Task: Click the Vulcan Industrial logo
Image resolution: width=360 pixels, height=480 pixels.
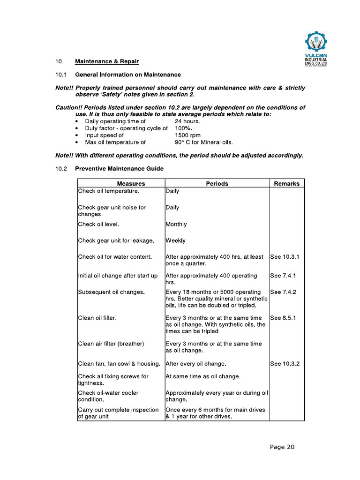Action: pyautogui.click(x=315, y=48)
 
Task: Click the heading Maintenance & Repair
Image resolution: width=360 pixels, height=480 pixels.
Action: pyautogui.click(x=107, y=61)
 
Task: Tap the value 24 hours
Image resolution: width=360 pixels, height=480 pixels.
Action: pyautogui.click(x=187, y=121)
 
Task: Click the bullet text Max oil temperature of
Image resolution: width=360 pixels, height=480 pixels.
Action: pyautogui.click(x=115, y=142)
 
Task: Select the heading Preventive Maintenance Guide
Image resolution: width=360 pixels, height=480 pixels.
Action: pyautogui.click(x=120, y=169)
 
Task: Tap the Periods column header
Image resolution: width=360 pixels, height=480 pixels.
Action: pyautogui.click(x=217, y=183)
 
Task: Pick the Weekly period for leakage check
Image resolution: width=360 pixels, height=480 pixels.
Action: pyautogui.click(x=176, y=240)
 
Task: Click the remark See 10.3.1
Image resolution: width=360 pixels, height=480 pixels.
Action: pyautogui.click(x=285, y=257)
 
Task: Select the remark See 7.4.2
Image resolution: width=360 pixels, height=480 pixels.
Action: pyautogui.click(x=284, y=292)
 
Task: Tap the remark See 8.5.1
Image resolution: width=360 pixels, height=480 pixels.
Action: pyautogui.click(x=284, y=318)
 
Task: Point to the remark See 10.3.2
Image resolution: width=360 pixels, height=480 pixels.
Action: pyautogui.click(x=285, y=363)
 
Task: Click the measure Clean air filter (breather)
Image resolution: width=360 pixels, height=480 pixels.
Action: pyautogui.click(x=111, y=344)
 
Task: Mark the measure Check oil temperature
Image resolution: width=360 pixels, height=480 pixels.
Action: pyautogui.click(x=109, y=191)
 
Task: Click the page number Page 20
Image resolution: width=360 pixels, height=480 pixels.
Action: pyautogui.click(x=282, y=447)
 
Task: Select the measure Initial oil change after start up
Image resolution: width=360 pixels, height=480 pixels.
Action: pyautogui.click(x=118, y=276)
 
